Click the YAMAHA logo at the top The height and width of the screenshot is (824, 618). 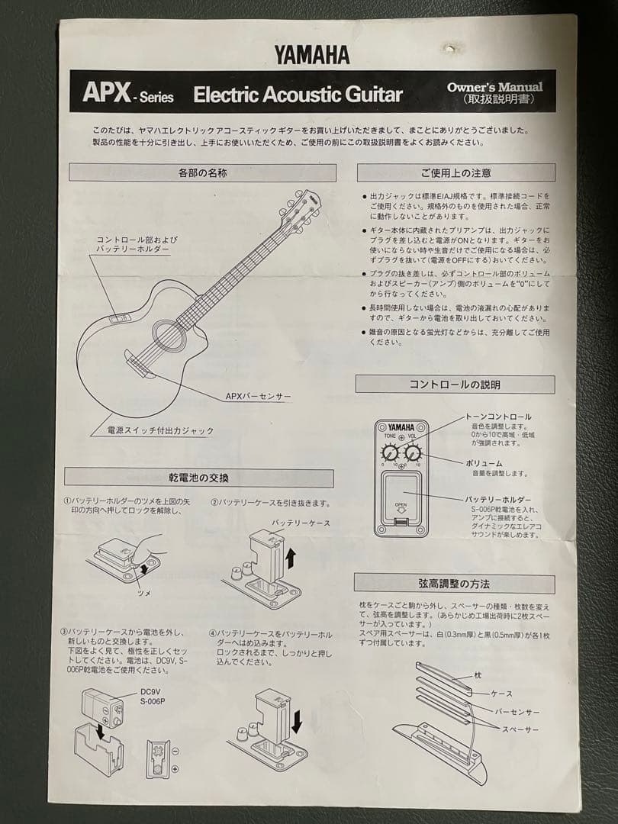[x=313, y=54]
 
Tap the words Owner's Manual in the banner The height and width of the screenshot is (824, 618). [x=495, y=87]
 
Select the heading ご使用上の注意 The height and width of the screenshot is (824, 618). [x=455, y=172]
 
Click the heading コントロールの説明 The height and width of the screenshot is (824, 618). [x=455, y=384]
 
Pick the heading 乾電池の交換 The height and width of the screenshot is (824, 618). [x=198, y=478]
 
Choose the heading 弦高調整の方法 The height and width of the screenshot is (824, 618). [x=455, y=584]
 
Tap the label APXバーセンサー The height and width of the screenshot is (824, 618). [x=258, y=397]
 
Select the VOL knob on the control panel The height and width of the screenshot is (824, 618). [x=413, y=453]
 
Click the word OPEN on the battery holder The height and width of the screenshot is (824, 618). [x=401, y=504]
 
